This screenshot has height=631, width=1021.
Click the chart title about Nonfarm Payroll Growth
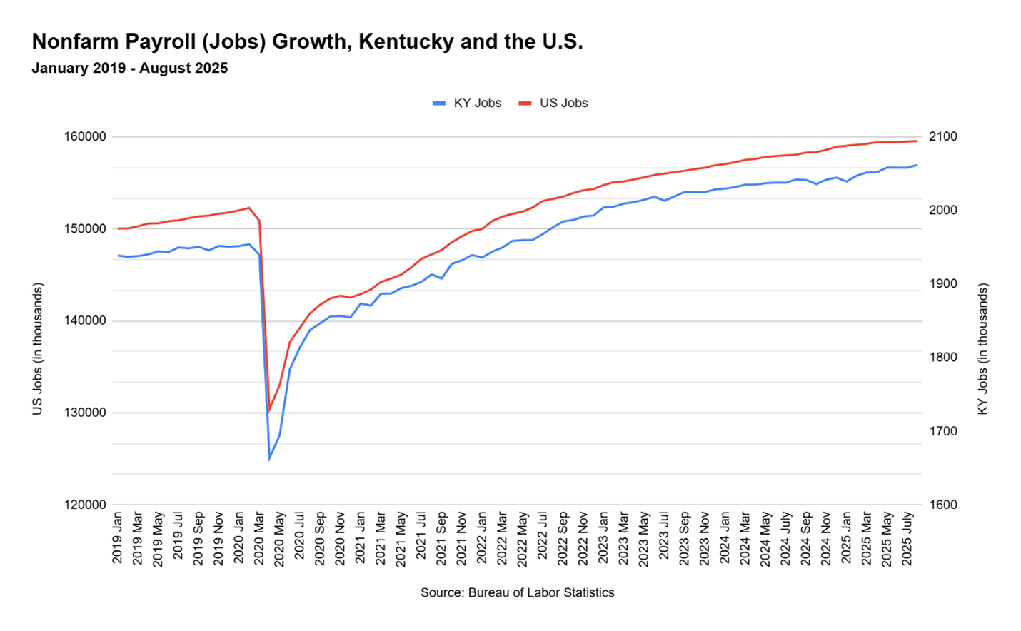[x=307, y=41]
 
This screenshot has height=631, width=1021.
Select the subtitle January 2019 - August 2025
[x=129, y=69]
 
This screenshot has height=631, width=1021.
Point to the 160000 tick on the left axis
[x=86, y=137]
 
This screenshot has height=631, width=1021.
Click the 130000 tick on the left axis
[x=86, y=413]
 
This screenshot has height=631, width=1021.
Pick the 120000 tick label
[x=86, y=505]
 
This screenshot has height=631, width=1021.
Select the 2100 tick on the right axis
[x=943, y=137]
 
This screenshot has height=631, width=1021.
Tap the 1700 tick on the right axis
[x=943, y=431]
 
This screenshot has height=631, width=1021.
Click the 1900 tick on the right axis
[x=943, y=284]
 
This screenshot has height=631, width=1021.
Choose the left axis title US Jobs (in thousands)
[x=38, y=349]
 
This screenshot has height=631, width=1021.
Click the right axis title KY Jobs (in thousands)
[x=983, y=349]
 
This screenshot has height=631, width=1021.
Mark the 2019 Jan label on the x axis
[x=118, y=537]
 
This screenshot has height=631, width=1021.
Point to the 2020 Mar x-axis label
[x=259, y=537]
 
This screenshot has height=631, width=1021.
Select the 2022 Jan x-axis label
[x=482, y=537]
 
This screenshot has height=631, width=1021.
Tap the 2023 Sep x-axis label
[x=685, y=537]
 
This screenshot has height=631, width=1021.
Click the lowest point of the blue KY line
[x=269, y=458]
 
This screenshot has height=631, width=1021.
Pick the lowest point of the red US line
[x=268, y=411]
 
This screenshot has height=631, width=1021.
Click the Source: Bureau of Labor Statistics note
[x=517, y=592]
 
